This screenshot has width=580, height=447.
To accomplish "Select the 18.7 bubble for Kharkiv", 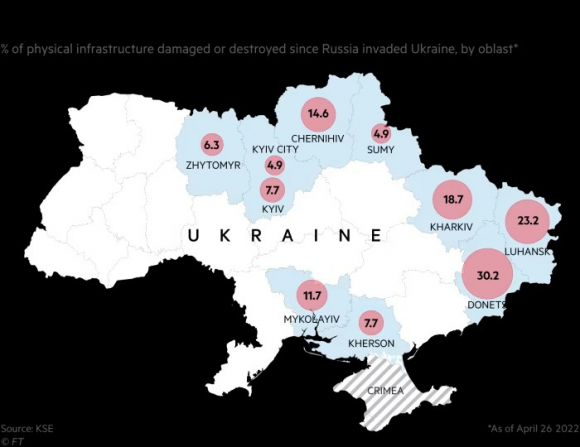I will point(452,200).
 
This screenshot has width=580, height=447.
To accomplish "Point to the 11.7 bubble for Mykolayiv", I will point(312,295).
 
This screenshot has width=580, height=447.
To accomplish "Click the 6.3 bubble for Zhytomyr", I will point(211,144).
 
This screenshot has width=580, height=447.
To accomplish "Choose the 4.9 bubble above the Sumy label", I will point(381,133).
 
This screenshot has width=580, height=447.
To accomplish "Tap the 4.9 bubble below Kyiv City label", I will point(275,166).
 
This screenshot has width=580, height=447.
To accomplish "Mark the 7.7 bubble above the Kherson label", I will point(371,323).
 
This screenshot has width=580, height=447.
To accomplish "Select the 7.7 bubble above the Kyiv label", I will point(272,189).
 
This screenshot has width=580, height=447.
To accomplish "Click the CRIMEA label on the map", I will point(386,391).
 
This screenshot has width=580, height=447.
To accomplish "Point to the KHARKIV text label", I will point(450,227).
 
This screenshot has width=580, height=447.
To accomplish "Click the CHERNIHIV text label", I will point(319,138).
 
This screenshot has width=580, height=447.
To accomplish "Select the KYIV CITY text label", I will point(276,149).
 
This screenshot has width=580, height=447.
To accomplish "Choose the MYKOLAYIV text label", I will point(312,319).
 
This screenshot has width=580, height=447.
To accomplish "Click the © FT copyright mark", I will point(13,437).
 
